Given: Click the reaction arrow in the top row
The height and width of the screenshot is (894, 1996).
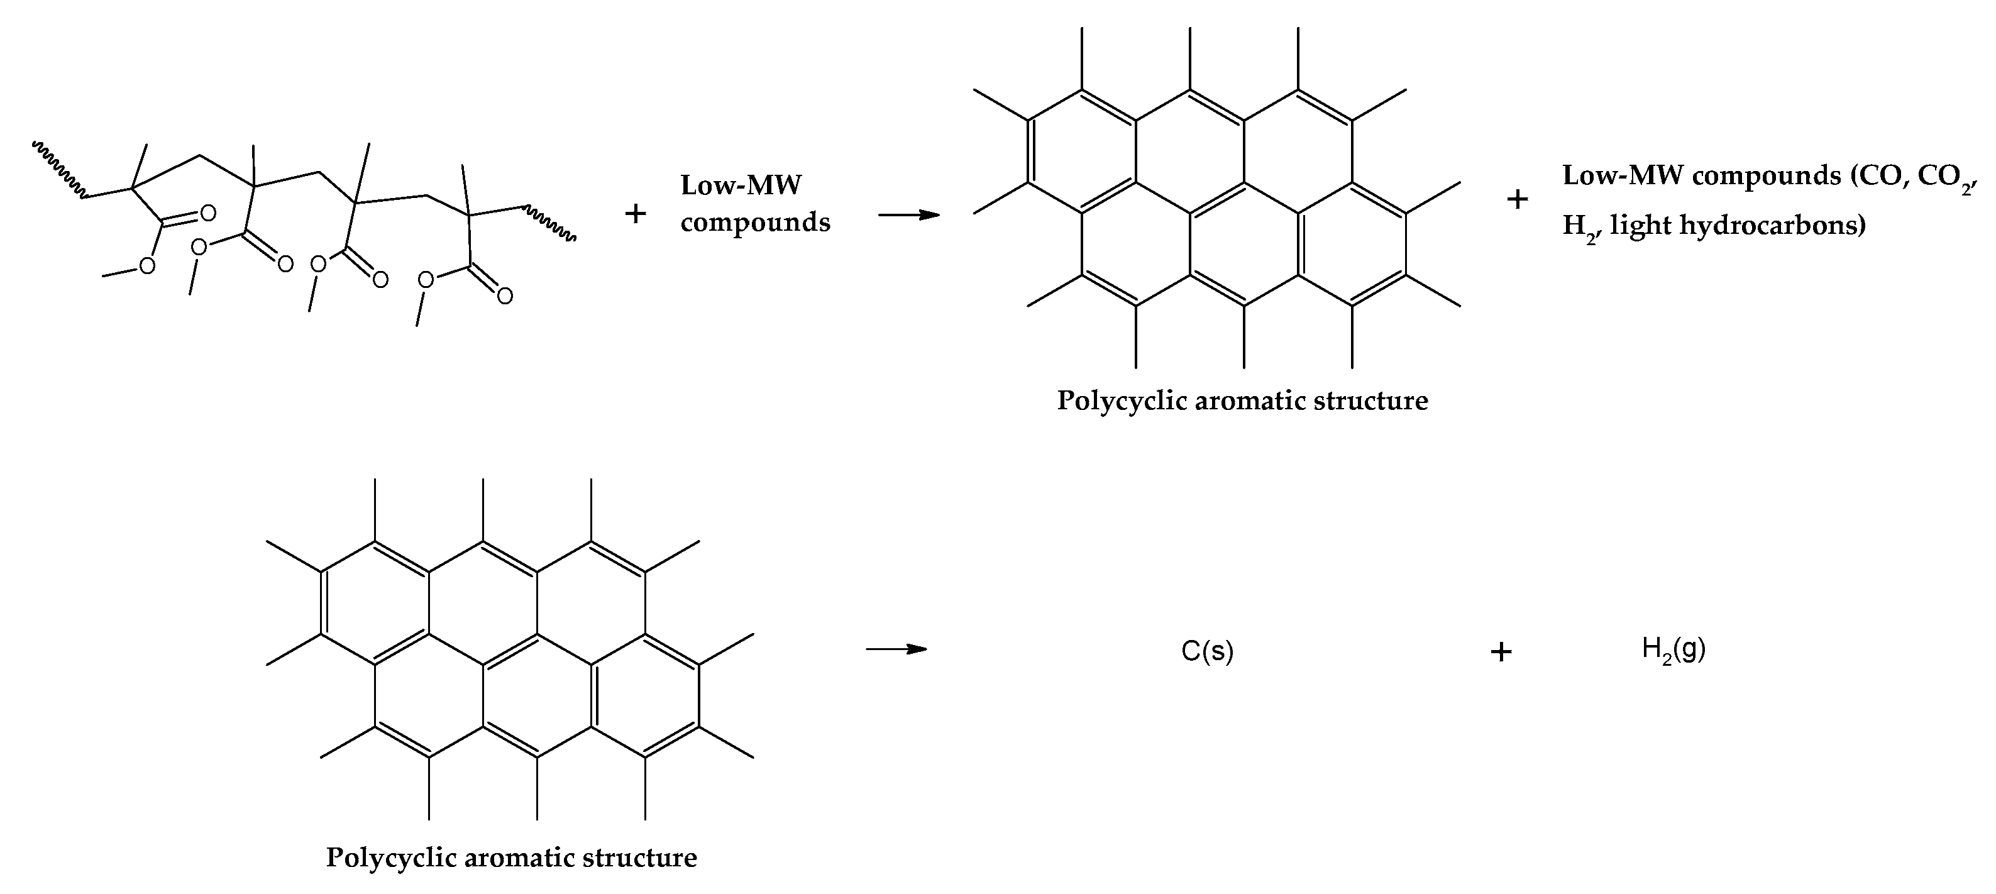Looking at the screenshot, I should (908, 214).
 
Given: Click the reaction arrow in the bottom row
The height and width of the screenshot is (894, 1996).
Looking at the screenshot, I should (896, 649).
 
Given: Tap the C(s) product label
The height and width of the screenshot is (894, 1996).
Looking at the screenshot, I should (1206, 651).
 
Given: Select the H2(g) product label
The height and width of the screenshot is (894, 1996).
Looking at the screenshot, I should (1673, 649).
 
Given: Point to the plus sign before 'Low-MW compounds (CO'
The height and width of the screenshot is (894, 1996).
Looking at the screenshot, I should (1516, 200).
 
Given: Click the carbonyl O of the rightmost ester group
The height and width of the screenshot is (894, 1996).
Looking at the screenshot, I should (504, 296).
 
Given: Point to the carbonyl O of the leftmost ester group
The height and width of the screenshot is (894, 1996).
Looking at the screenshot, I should (207, 212).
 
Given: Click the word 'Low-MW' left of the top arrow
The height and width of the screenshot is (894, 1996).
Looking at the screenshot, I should (740, 185).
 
